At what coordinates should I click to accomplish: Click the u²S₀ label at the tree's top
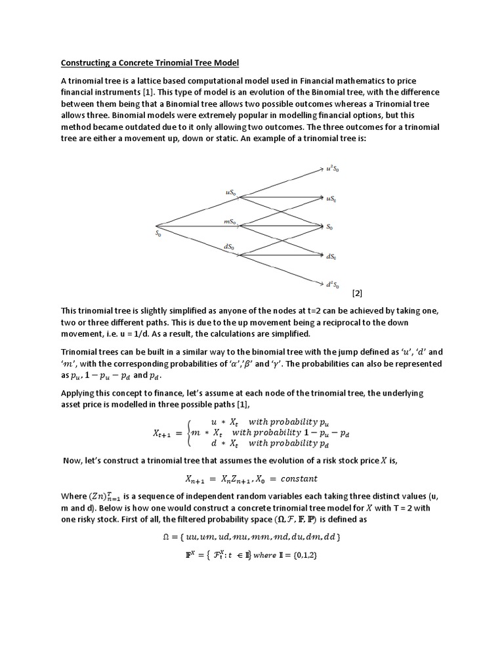coord(332,169)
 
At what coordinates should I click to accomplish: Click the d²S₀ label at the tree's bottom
coord(332,285)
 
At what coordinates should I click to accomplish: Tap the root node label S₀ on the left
coord(157,232)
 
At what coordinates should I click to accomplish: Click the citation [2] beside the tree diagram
coord(358,293)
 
